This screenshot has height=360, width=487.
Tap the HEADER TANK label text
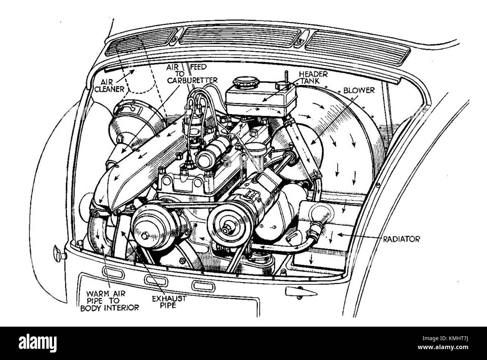(x=313, y=78)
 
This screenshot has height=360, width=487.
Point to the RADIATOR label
(x=401, y=239)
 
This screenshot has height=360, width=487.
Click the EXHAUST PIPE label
(x=169, y=302)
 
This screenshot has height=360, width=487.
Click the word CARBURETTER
(x=192, y=80)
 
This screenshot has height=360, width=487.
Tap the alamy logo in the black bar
(x=37, y=343)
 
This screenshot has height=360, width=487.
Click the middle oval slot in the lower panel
(x=156, y=279)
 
